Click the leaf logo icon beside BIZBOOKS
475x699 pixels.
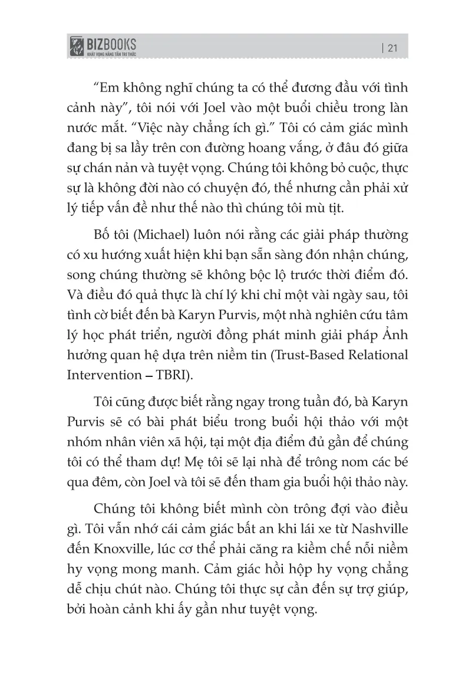coord(76,47)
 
